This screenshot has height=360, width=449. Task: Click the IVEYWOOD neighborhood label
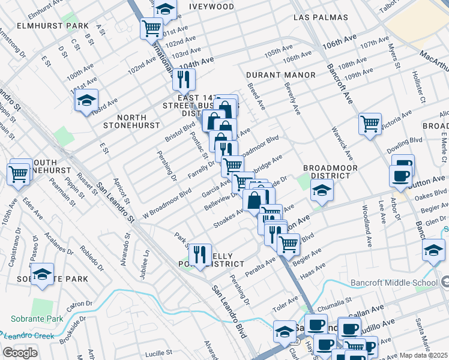211,7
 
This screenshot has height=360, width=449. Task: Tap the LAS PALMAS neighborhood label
321,18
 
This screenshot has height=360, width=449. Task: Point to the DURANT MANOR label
280,75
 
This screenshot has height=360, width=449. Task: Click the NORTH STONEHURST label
132,121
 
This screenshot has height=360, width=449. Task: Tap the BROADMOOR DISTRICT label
326,172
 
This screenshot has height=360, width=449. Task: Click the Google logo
20,353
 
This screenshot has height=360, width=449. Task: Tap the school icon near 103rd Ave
87,100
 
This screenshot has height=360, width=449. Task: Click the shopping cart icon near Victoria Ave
370,123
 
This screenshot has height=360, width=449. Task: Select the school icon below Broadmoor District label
322,190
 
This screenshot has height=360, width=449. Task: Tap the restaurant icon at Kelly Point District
200,253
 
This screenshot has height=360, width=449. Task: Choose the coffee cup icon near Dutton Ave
400,176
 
